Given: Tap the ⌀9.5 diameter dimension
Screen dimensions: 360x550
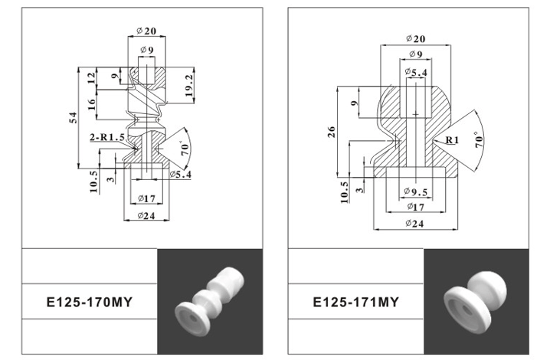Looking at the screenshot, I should pos(415,191).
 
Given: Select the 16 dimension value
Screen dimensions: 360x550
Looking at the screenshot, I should pos(91,103).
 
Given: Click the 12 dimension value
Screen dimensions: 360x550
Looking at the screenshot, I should pos(91,78).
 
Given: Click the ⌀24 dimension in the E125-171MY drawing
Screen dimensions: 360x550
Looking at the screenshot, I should pos(414,224).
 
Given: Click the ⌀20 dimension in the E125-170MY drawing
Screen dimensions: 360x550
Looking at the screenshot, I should pos(146,30).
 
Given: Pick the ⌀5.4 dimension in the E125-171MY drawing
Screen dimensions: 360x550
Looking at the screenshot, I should pos(416,73).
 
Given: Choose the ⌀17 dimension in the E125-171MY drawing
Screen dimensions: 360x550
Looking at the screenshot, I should pos(414,207).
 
